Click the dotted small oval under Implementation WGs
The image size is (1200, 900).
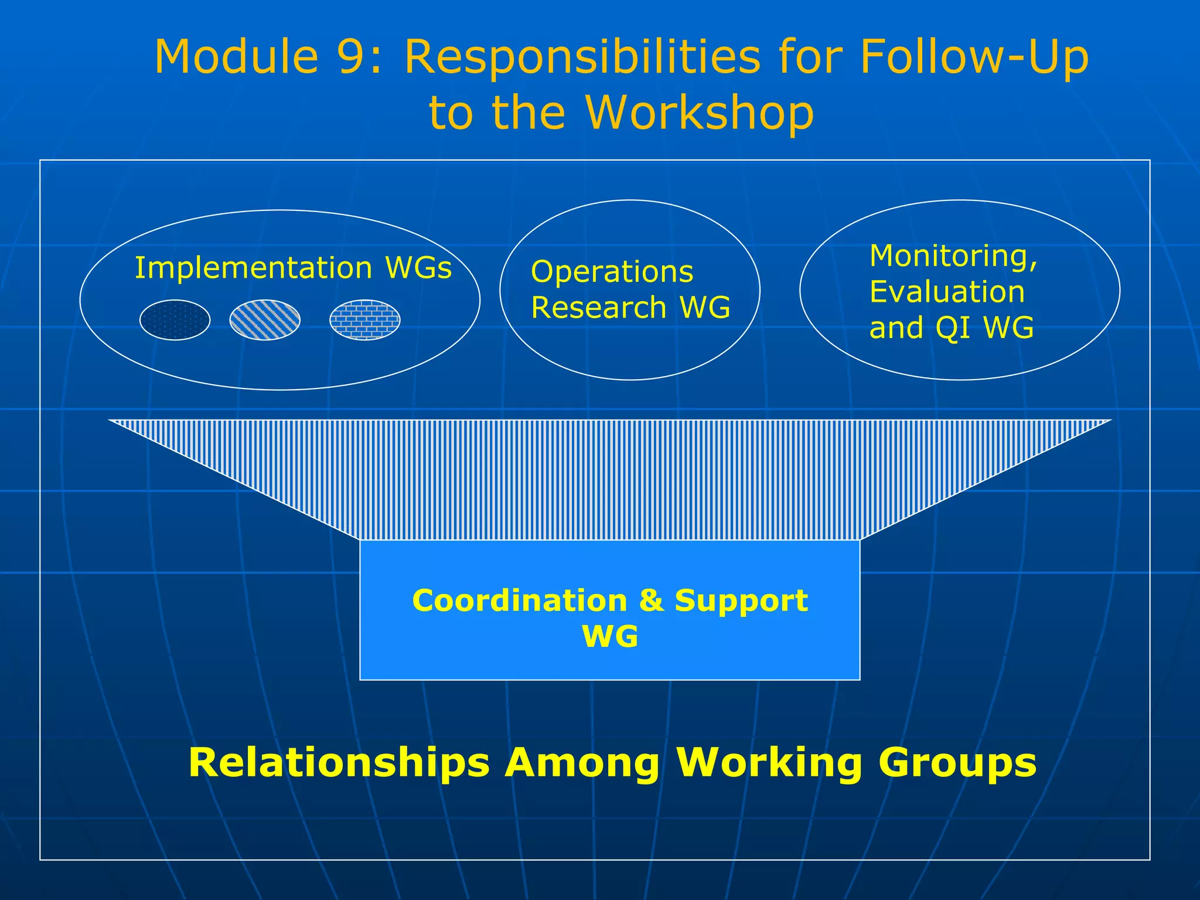(175, 320)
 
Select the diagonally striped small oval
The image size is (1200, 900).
(265, 320)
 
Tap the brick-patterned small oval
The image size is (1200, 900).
(364, 320)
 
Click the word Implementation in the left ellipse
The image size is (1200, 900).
(253, 268)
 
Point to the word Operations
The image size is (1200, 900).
(612, 272)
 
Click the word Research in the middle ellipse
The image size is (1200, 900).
(598, 308)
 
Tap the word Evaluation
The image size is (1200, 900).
(947, 292)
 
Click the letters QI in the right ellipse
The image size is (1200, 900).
(954, 328)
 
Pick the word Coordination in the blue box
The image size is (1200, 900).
(519, 601)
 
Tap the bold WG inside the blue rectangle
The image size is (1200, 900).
(610, 636)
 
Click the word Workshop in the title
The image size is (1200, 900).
(700, 112)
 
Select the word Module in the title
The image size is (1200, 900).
(236, 57)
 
